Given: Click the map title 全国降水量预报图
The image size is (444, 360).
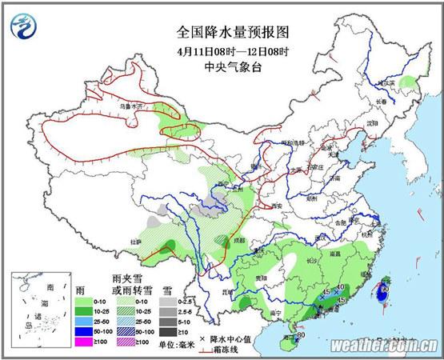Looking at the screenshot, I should click(x=232, y=33).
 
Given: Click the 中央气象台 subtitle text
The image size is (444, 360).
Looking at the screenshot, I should click(x=232, y=66).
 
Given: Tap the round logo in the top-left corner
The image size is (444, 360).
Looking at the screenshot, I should click(x=25, y=26).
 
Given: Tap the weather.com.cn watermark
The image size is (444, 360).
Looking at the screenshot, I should click(x=382, y=346).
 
